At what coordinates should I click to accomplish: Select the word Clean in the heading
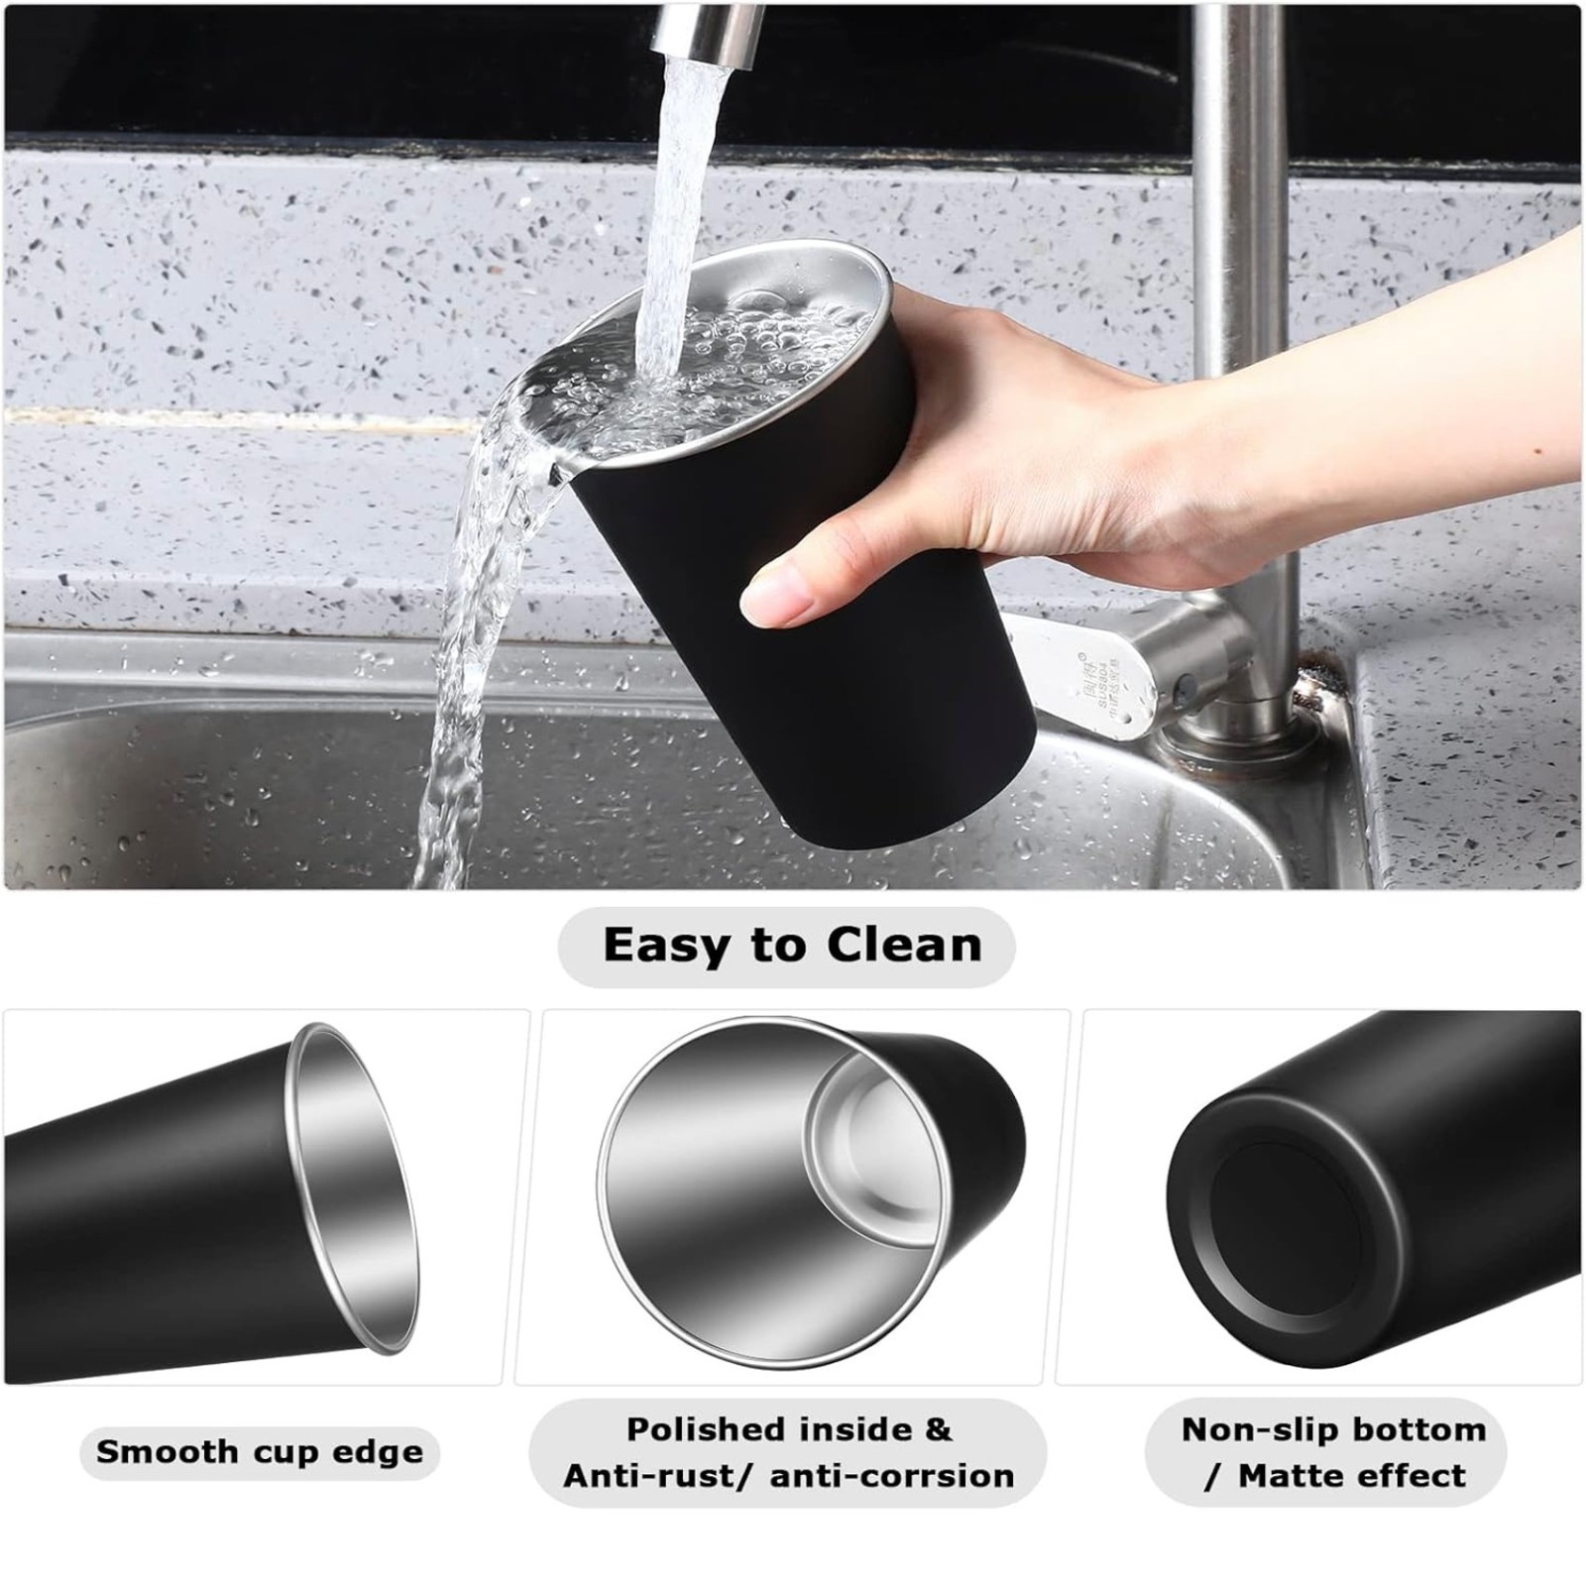(904, 945)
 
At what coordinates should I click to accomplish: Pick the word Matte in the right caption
(1294, 1476)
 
